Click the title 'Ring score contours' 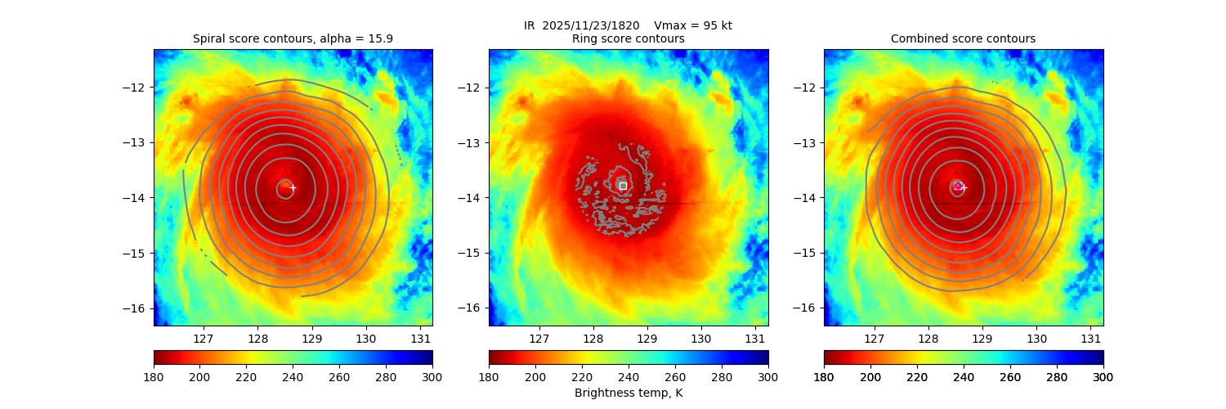point(628,38)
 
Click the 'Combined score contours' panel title point(963,38)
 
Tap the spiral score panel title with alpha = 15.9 point(293,38)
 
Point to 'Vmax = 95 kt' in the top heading point(693,25)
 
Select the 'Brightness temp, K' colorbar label point(628,393)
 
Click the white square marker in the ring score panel point(623,186)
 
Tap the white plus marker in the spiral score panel point(293,187)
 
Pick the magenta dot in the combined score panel point(958,186)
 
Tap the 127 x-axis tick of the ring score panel point(539,338)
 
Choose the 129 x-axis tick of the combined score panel point(982,338)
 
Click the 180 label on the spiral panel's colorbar point(154,376)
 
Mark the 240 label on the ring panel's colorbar point(629,376)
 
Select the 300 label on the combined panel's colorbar point(1103,376)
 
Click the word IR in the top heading point(529,25)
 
